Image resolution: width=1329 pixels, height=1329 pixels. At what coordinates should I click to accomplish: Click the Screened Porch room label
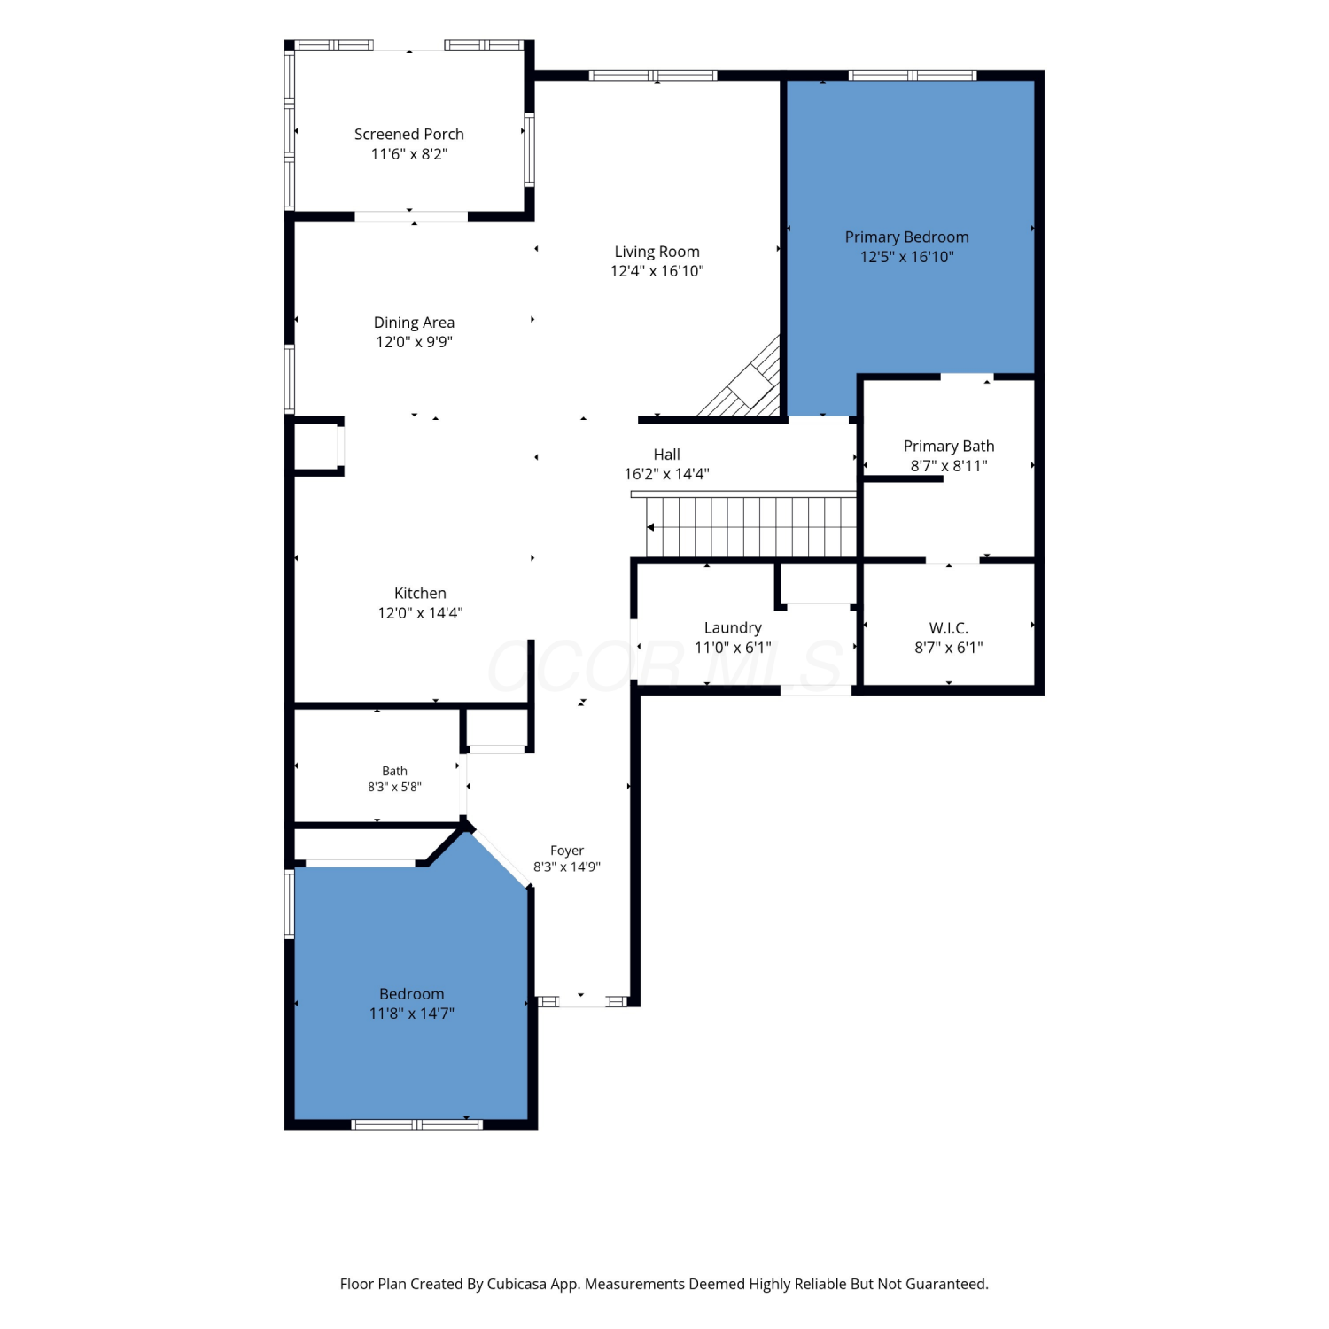(x=409, y=135)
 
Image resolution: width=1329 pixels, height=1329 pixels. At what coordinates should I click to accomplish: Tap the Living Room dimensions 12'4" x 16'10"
(x=657, y=271)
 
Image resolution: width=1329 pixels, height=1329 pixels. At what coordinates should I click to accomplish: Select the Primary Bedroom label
(x=906, y=237)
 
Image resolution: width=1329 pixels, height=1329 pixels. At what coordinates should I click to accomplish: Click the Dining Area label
(x=414, y=323)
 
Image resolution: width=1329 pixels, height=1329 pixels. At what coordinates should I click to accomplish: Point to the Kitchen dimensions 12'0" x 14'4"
(x=420, y=613)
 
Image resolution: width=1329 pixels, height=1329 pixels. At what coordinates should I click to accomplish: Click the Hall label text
(x=667, y=455)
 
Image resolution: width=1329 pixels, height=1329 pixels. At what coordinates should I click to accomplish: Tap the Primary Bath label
(x=949, y=447)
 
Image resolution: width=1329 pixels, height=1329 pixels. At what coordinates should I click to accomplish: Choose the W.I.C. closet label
(x=949, y=628)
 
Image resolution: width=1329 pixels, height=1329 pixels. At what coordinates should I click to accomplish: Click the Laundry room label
(x=733, y=628)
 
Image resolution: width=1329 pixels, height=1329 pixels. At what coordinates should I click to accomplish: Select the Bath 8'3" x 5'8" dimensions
(x=395, y=787)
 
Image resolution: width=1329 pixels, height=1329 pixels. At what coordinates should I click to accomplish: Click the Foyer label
(x=567, y=851)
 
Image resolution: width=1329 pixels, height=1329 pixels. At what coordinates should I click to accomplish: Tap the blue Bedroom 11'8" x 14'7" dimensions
(x=412, y=1014)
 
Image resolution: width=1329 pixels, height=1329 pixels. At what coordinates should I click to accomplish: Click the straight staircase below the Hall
(x=751, y=526)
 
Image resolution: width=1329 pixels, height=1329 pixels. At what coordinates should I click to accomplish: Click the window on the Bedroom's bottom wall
(x=417, y=1124)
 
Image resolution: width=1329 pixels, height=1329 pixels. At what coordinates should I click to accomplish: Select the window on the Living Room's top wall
(x=653, y=75)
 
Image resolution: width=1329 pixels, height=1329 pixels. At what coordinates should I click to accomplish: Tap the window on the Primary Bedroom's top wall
(x=913, y=75)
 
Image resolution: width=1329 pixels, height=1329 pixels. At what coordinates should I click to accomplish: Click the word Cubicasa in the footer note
(x=517, y=1284)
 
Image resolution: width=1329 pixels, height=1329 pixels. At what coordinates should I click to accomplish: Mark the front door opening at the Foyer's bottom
(x=581, y=1001)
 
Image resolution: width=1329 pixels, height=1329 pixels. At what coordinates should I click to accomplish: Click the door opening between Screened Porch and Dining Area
(x=411, y=216)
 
